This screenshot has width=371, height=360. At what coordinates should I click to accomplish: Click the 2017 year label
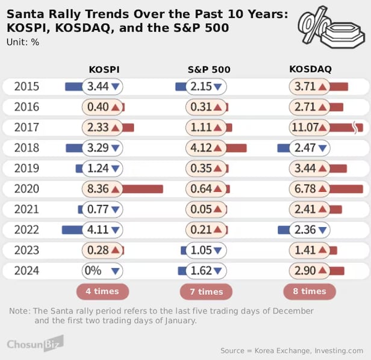pyautogui.click(x=26, y=127)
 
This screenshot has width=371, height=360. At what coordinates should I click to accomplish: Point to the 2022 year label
pyautogui.click(x=26, y=230)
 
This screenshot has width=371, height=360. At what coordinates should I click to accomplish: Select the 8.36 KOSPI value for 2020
pyautogui.click(x=98, y=189)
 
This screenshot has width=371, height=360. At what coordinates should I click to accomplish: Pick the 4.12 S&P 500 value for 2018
pyautogui.click(x=201, y=148)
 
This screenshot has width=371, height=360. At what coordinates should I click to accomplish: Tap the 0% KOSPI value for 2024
pyautogui.click(x=93, y=271)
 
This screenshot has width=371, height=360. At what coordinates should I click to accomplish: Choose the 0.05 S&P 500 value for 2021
pyautogui.click(x=201, y=209)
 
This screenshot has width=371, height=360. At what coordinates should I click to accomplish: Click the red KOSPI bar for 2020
pyautogui.click(x=143, y=189)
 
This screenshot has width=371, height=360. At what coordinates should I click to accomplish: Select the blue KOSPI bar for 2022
pyautogui.click(x=72, y=230)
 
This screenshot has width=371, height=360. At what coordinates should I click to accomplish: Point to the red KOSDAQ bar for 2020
pyautogui.click(x=346, y=189)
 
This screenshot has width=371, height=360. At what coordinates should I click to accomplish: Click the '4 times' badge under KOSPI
pyautogui.click(x=102, y=291)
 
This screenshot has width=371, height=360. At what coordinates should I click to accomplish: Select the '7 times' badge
pyautogui.click(x=206, y=292)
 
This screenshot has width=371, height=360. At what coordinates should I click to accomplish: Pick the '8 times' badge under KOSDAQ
pyautogui.click(x=310, y=291)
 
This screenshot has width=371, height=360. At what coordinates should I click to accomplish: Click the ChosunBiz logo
pyautogui.click(x=35, y=344)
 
